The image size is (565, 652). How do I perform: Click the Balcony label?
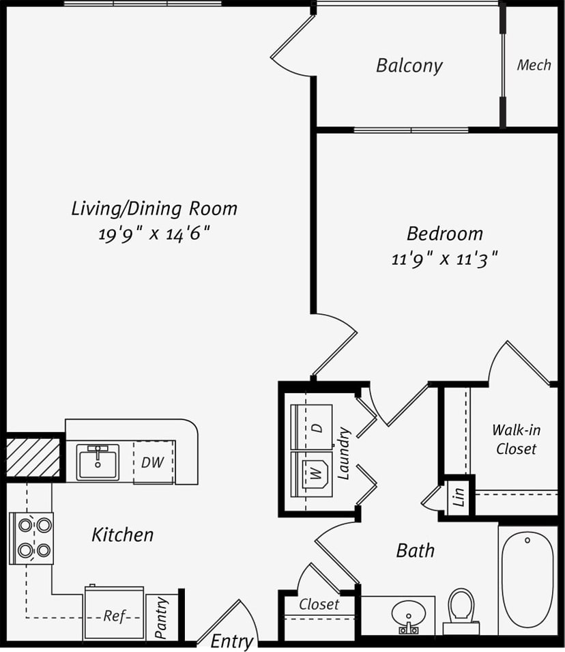409,66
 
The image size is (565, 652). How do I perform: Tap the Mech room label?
534,65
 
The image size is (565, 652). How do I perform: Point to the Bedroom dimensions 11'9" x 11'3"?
444,259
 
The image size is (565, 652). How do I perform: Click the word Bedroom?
444,233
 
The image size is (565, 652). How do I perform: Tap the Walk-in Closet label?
516,439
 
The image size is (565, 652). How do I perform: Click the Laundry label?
344,453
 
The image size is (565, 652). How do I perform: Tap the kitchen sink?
98,462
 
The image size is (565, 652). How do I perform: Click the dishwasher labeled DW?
153,462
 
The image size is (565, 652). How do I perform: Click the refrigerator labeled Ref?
114,614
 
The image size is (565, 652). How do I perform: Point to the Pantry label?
162,618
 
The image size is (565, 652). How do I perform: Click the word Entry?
232,641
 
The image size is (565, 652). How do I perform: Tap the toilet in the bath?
461,610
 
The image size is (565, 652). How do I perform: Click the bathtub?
527,579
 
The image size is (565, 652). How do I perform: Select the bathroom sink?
408,614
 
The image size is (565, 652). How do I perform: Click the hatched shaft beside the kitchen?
33,457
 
